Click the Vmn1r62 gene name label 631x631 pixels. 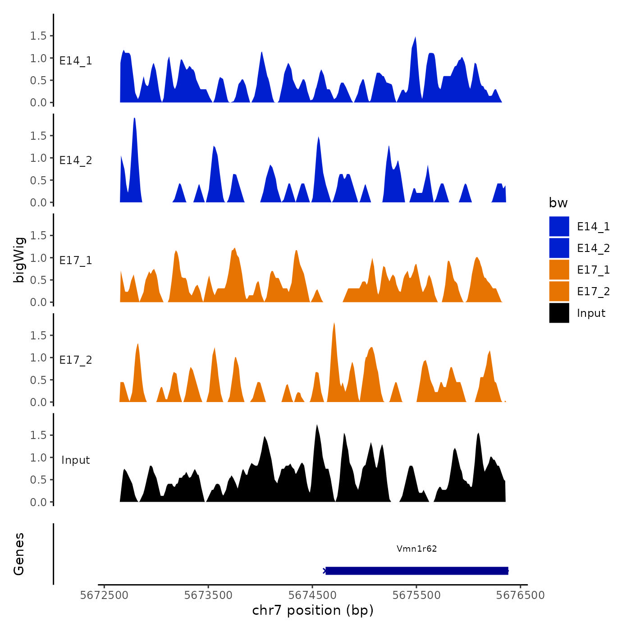pos(416,549)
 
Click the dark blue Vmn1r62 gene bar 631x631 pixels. pos(416,571)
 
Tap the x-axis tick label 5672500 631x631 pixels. pos(104,595)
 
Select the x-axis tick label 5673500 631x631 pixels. pos(208,595)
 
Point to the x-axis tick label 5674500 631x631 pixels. pos(312,595)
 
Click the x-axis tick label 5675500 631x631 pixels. pos(416,595)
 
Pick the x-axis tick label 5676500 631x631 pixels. pos(521,595)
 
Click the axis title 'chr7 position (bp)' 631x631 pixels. pos(313,610)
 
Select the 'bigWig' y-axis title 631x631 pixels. pos(19,260)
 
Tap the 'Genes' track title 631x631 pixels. pos(19,554)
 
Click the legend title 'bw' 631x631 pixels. pos(558,203)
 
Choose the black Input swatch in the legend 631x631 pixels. pos(559,313)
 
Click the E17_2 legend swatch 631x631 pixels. pos(559,291)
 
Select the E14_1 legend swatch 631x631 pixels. pos(559,226)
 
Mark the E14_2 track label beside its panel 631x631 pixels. pos(76,160)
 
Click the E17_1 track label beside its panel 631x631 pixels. pos(76,260)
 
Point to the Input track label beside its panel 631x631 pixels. pos(76,460)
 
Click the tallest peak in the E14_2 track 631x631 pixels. pos(134,119)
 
